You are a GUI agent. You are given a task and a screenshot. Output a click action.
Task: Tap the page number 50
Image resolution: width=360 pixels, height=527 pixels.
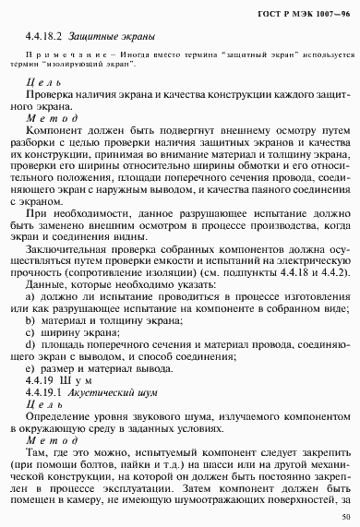click(x=344, y=517)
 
